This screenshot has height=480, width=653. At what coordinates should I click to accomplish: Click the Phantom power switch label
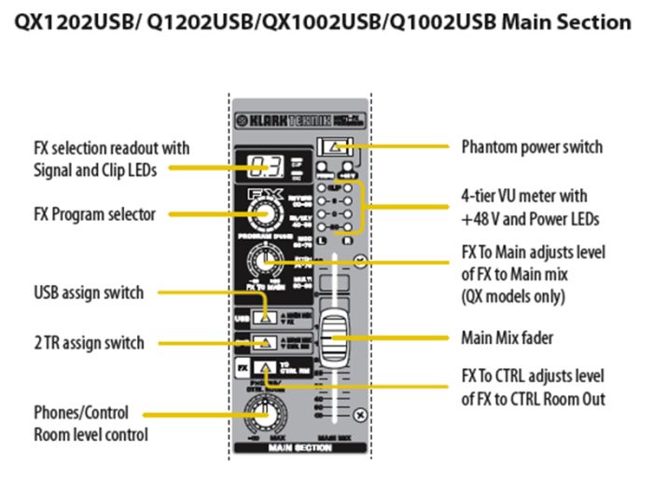[x=532, y=147]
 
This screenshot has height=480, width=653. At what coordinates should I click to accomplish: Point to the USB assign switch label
[x=89, y=293]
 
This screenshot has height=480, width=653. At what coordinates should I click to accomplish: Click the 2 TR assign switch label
[x=89, y=343]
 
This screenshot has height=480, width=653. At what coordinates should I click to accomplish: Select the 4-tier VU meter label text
[x=528, y=206]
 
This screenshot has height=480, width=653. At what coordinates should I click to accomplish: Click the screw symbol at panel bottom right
[x=360, y=415]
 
